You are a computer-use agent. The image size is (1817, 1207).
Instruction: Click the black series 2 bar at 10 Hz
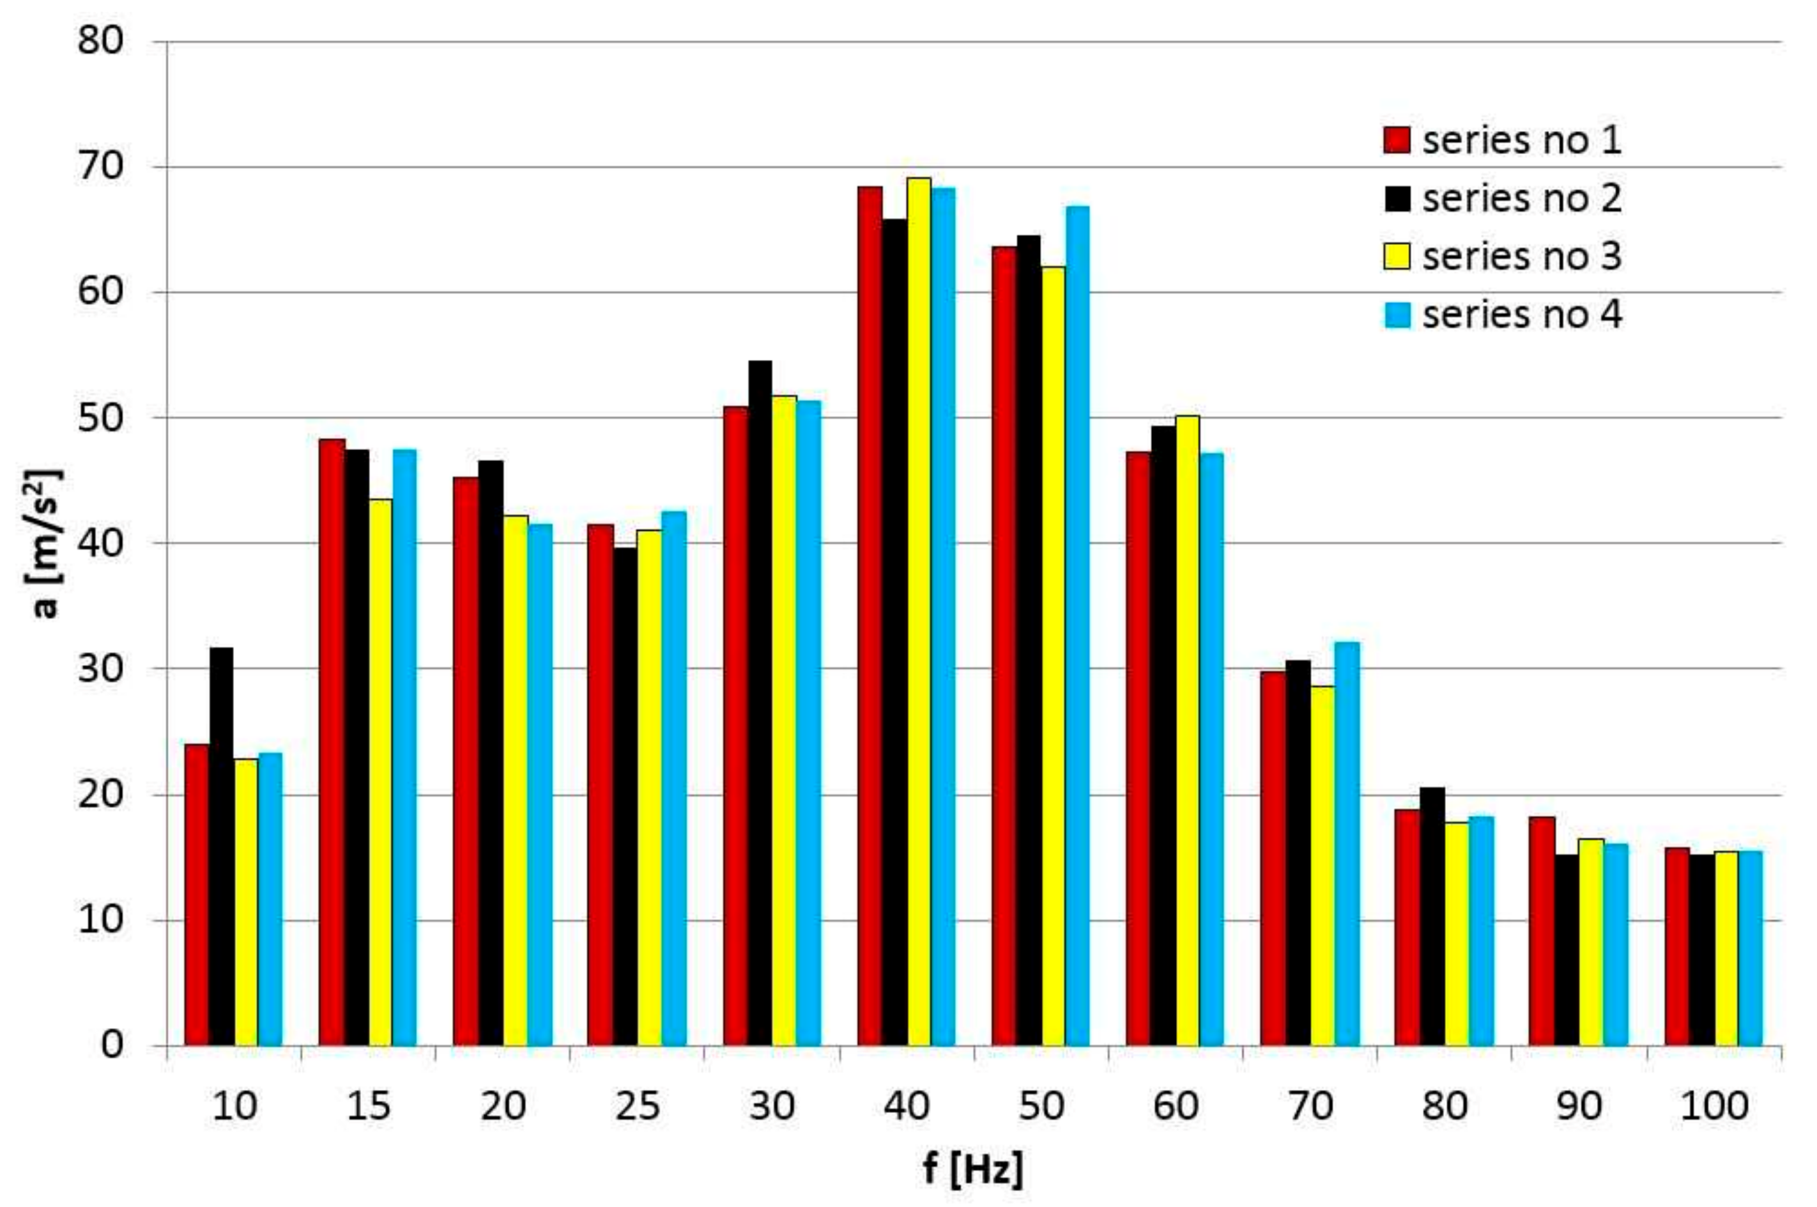[x=222, y=846]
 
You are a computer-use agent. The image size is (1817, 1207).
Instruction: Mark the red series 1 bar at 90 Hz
[x=1542, y=931]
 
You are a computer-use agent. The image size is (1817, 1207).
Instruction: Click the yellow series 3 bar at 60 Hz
[x=1187, y=731]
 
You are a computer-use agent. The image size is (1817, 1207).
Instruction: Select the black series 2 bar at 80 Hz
[x=1432, y=916]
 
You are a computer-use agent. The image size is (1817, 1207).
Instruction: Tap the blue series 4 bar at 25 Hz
[x=674, y=778]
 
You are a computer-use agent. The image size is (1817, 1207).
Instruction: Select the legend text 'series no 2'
[x=1522, y=199]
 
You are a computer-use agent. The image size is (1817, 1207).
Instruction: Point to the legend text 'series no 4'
[x=1522, y=315]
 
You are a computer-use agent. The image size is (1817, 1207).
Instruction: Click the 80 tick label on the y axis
[x=101, y=41]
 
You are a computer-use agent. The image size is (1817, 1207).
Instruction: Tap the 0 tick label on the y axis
[x=112, y=1045]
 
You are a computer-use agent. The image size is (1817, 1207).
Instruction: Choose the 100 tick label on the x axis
[x=1714, y=1107]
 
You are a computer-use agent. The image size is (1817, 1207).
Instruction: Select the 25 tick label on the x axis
[x=638, y=1107]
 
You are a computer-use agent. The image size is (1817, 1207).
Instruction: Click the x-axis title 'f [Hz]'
[x=973, y=1169]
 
